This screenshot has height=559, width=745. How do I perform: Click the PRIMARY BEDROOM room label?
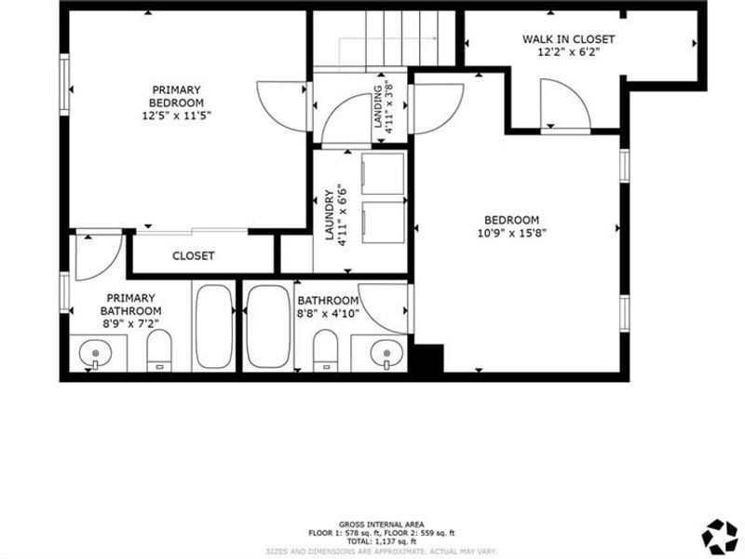[x=178, y=96]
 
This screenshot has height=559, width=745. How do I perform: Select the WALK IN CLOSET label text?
[x=568, y=39]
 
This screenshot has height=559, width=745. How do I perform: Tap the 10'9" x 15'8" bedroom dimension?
[x=509, y=234]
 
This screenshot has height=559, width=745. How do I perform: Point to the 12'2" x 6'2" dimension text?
[x=568, y=53]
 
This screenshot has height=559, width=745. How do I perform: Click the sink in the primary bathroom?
[x=95, y=354]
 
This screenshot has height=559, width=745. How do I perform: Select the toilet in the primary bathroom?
[x=160, y=352]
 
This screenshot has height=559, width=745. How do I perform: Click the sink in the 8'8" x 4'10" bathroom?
[x=386, y=353]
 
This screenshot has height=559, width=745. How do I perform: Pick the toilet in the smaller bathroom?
[x=326, y=351]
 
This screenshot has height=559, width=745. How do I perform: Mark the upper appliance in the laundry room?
[x=383, y=173]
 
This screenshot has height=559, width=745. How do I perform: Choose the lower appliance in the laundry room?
[x=383, y=223]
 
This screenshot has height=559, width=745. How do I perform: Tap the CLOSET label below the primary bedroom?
[x=194, y=255]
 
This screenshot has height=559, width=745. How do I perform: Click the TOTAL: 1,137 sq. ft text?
[x=382, y=541]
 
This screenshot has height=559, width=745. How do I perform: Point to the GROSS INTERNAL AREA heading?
[x=382, y=525]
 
